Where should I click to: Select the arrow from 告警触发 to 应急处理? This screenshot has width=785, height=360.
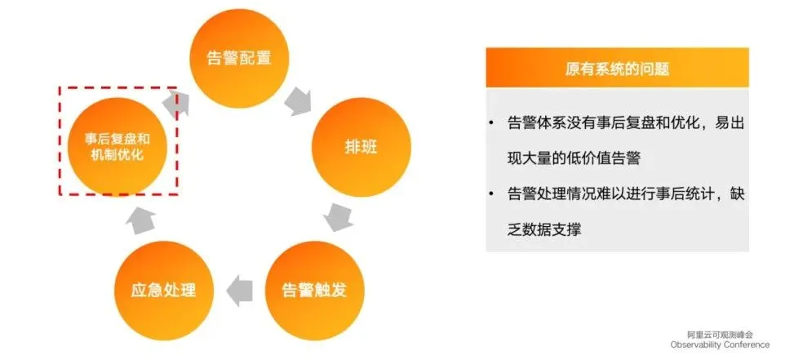coord(238,290)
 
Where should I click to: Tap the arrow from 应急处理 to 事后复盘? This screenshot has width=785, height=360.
coord(139,216)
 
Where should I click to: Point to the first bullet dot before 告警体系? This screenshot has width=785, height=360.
coord(491,124)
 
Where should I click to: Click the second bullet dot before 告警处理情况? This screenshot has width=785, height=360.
coord(491,193)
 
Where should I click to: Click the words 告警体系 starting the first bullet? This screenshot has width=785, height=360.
coord(534,124)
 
